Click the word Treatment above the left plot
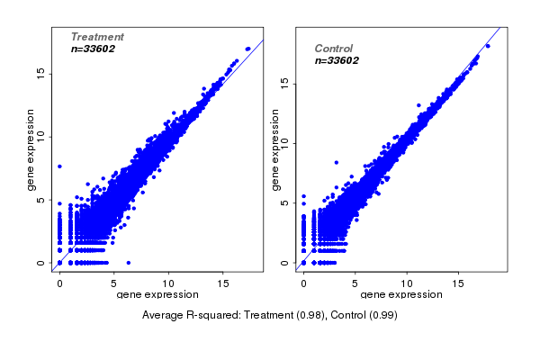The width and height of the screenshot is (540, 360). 97,37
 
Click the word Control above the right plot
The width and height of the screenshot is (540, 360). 333,49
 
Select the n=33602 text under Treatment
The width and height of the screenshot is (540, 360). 93,49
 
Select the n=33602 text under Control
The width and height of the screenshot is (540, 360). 337,60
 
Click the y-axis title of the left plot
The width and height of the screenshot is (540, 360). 31,149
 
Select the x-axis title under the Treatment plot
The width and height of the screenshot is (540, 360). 157,294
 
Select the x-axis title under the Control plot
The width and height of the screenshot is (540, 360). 401,294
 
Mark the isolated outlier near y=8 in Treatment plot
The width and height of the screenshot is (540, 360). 59,166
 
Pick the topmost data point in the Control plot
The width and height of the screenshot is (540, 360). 488,45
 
